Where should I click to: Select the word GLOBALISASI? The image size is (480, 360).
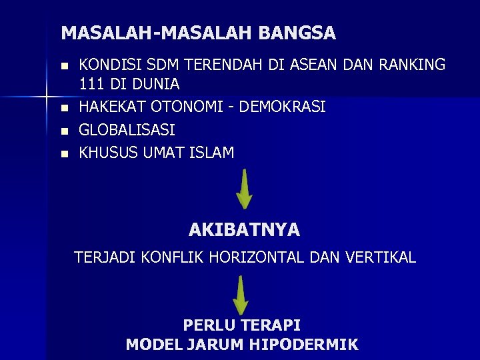(x=127, y=129)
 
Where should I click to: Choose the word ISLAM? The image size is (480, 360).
(x=211, y=153)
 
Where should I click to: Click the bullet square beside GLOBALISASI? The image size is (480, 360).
(x=64, y=130)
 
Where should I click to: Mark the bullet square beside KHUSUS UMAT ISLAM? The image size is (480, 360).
(x=64, y=153)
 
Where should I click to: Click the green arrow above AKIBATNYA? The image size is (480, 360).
(x=245, y=189)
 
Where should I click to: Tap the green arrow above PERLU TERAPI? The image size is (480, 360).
(x=241, y=295)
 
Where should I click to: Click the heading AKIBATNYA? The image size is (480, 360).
(x=244, y=231)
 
